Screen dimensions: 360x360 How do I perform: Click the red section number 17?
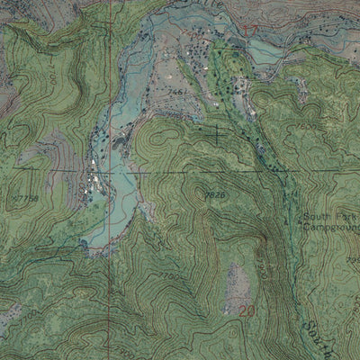[250, 31]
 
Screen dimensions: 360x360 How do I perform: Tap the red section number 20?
[248, 310]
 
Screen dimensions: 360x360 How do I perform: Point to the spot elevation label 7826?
[213, 193]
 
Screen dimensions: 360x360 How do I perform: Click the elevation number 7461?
[177, 92]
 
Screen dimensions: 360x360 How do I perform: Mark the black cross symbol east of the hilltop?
[216, 135]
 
